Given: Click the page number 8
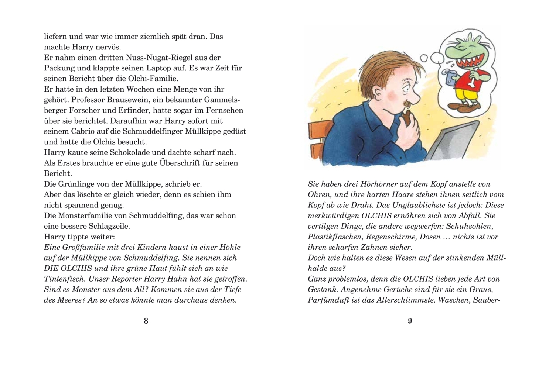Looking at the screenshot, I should (146, 321).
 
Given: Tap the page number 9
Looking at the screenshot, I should (410, 321).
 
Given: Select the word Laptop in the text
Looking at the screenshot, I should (179, 68).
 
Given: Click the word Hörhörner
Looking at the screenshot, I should (372, 184).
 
